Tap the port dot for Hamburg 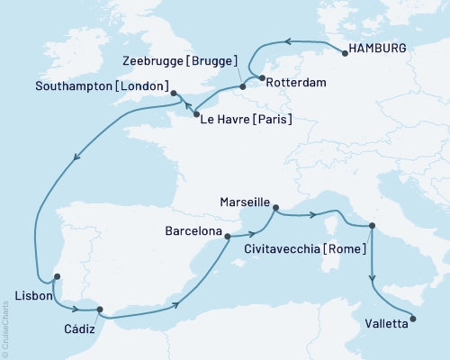(x=344, y=54)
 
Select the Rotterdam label (x=298, y=82)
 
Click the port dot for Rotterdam (x=261, y=79)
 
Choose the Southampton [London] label (x=103, y=87)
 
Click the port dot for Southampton (x=175, y=91)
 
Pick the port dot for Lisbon (x=57, y=277)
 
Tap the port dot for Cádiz (x=101, y=309)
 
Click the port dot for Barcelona (x=227, y=237)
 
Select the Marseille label (x=243, y=203)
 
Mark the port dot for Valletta (x=413, y=317)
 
